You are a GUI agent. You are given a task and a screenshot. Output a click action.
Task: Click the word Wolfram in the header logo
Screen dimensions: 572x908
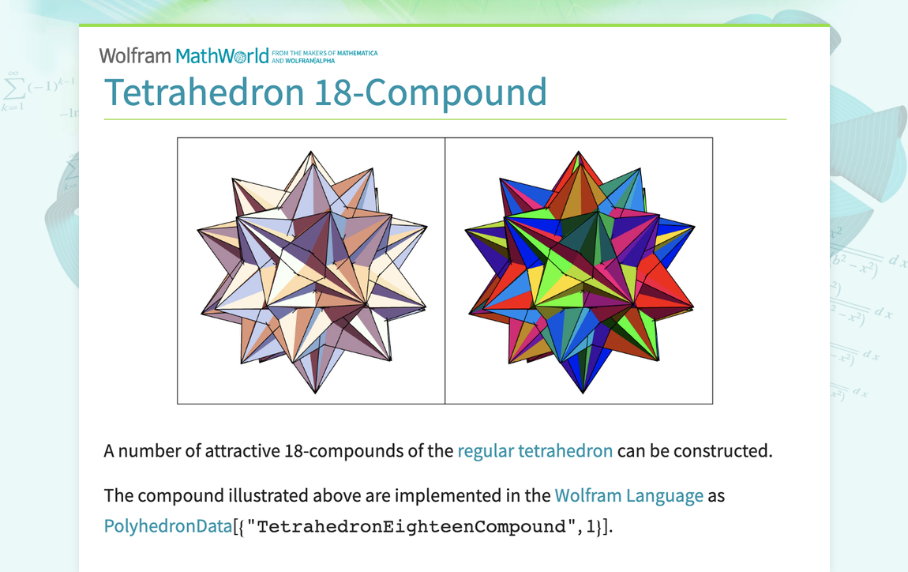tap(134, 56)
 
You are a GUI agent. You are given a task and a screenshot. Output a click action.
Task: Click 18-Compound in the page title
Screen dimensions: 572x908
tap(430, 92)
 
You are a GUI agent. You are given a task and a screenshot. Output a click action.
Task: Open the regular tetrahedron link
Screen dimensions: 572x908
tap(535, 451)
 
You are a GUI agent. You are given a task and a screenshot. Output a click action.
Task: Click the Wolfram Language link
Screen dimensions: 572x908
tap(628, 496)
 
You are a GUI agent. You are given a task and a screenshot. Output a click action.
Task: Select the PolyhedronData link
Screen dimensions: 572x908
tap(167, 526)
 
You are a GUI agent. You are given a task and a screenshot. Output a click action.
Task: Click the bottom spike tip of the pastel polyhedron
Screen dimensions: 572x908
tap(315, 393)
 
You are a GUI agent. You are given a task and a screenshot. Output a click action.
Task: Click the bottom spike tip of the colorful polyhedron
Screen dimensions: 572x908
tap(583, 393)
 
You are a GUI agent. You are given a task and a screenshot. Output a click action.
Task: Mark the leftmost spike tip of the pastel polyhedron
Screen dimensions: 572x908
tap(197, 230)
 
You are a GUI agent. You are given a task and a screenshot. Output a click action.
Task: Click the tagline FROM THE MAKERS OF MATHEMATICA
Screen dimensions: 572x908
tap(325, 53)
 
